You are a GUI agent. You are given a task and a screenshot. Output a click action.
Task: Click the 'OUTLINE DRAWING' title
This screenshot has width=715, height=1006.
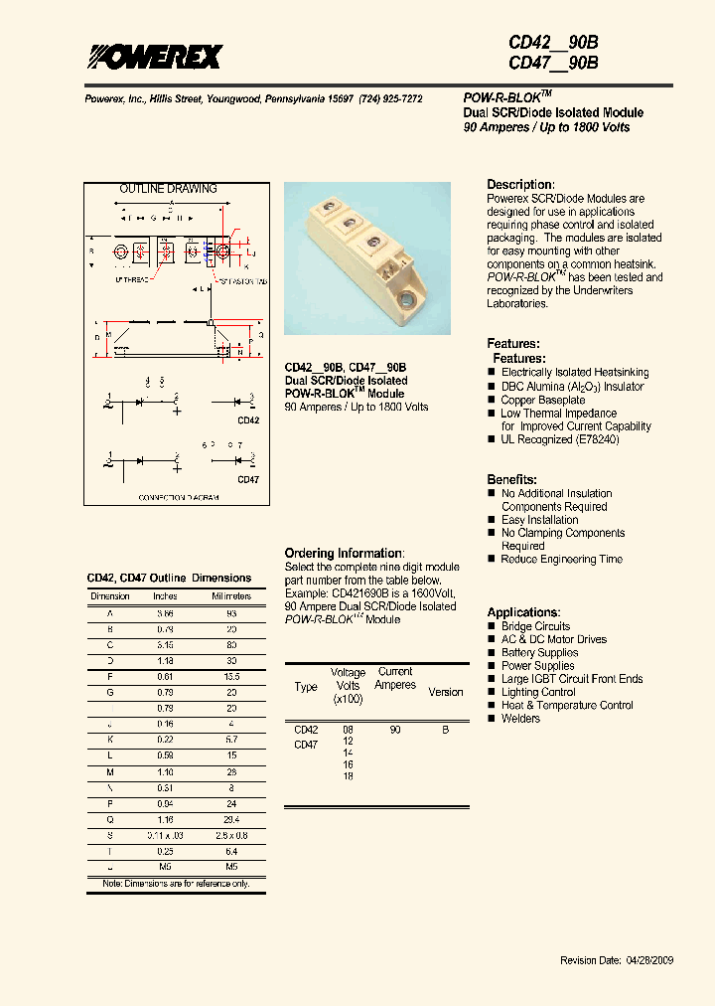point(168,189)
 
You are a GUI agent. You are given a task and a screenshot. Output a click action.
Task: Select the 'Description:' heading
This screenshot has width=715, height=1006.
point(520,185)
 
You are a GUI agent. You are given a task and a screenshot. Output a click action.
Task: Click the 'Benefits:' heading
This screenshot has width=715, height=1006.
point(512,479)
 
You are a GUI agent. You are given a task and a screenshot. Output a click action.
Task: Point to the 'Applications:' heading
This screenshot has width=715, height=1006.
point(523,612)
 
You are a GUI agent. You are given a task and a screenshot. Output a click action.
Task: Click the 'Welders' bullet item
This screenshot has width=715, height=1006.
point(520,719)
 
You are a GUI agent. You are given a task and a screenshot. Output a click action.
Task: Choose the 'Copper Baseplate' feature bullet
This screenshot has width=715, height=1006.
point(543,400)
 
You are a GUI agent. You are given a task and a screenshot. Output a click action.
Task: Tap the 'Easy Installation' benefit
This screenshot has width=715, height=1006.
point(540,520)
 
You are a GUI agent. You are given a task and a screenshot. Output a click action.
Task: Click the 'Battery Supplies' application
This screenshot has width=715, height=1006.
point(539,653)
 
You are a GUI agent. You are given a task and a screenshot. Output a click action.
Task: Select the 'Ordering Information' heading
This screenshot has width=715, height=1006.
point(344,554)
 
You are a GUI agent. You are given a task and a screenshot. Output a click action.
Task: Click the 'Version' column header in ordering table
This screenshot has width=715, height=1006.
point(445,692)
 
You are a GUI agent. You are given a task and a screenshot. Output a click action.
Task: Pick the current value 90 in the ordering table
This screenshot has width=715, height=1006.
point(395,730)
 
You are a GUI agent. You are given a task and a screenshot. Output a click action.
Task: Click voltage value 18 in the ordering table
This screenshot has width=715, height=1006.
point(349,776)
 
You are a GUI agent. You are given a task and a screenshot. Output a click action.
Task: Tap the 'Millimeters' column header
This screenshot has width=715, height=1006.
point(231,596)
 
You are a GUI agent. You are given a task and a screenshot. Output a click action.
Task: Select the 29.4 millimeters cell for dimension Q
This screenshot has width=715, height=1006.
point(231,819)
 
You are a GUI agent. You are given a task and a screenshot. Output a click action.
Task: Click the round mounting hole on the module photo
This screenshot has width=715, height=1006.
point(406,297)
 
